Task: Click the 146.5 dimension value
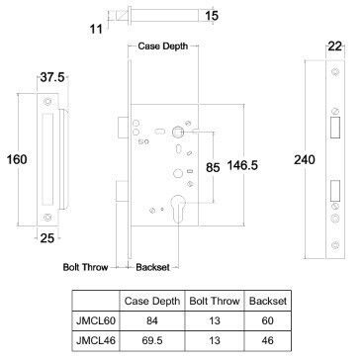click(242, 165)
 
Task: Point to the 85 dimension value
click(213, 167)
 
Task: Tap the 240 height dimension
click(305, 160)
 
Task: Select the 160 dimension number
click(17, 159)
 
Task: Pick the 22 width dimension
click(335, 46)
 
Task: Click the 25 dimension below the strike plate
click(46, 238)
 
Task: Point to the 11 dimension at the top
click(96, 29)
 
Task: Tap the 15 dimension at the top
click(212, 16)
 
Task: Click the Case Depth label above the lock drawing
click(163, 46)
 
